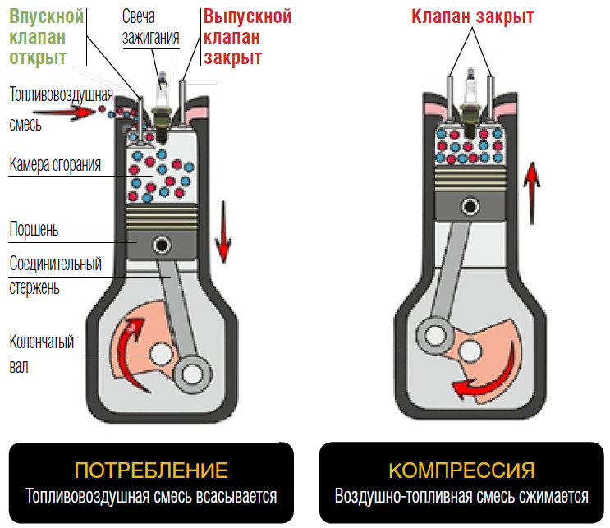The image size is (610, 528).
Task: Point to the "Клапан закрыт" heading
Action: pos(472,16)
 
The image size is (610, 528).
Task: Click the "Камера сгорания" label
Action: pos(55,164)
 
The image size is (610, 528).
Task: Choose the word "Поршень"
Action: pos(34,227)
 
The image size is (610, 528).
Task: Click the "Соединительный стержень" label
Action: pos(55,276)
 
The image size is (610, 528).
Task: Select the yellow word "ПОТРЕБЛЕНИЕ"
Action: pos(150,471)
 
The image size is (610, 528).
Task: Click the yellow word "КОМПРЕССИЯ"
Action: pos(462,471)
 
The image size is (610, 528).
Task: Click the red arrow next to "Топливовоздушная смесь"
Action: pos(74,113)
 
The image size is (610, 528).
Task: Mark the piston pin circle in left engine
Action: pos(160,244)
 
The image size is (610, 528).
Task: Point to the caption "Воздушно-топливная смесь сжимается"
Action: pos(462,496)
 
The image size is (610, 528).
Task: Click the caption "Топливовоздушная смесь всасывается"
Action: pos(151,496)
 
